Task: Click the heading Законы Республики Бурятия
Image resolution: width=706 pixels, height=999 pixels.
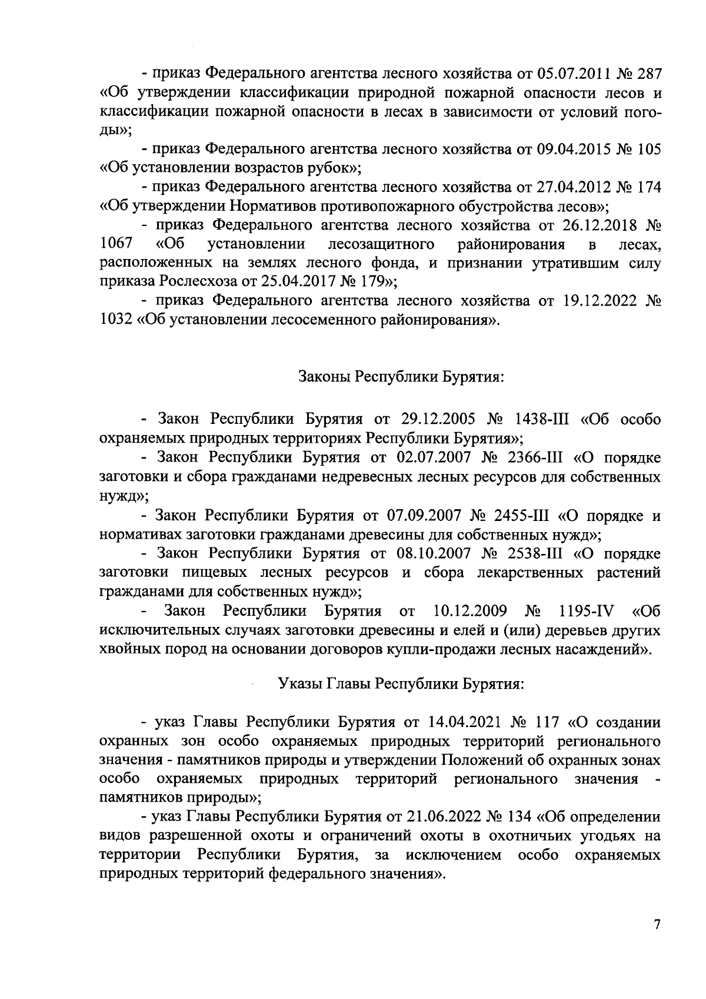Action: (x=402, y=376)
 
